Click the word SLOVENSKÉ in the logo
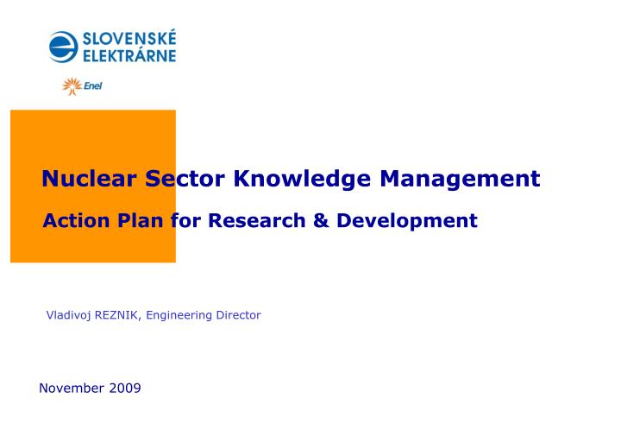tap(129, 38)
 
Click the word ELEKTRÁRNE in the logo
tap(129, 55)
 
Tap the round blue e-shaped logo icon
tap(64, 47)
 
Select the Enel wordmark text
tap(92, 86)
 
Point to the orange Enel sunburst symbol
tap(72, 86)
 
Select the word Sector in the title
tap(185, 179)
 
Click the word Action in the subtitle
tap(76, 221)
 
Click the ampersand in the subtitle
tap(322, 221)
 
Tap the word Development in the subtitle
tap(407, 221)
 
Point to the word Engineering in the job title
tap(180, 315)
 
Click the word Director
tap(239, 315)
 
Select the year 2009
tap(125, 388)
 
